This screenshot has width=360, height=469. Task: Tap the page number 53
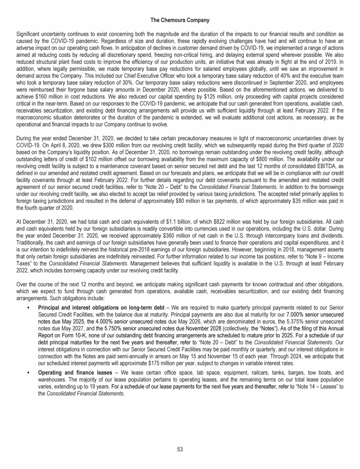click(180, 449)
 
